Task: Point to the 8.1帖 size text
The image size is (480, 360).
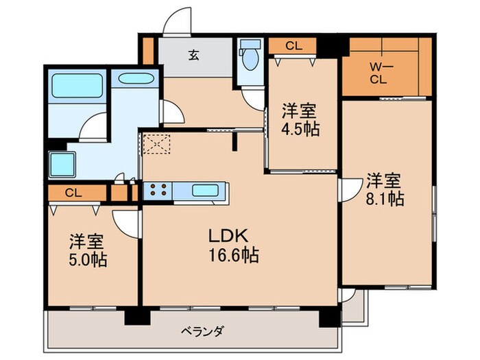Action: pos(384,199)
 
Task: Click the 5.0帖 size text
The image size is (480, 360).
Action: pos(87,261)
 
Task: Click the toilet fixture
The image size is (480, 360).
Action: pos(248,57)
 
